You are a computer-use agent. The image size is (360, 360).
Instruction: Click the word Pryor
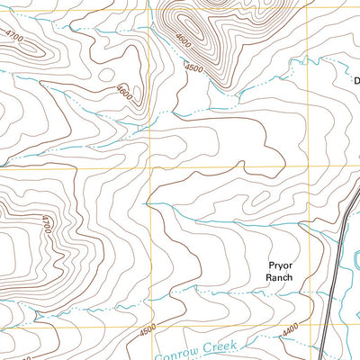pos(280,265)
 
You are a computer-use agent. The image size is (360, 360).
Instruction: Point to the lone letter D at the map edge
pos(355,80)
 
